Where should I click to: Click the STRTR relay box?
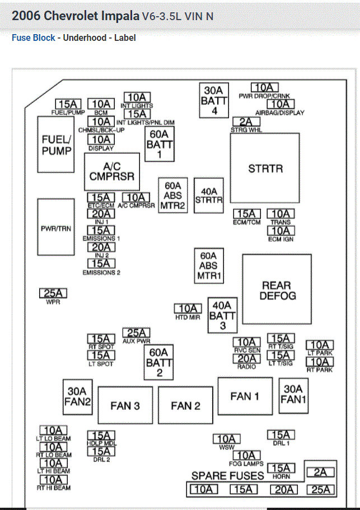265,168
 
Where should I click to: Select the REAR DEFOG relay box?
277,290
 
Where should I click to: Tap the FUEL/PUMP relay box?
56,144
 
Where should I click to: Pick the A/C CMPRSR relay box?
112,171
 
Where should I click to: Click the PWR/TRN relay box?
56,228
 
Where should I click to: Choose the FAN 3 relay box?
125,405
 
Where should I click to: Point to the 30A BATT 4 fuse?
214,100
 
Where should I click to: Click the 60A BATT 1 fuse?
160,144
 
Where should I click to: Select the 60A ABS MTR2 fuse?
173,196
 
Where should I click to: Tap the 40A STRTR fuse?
208,195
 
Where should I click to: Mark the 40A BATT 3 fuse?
222,315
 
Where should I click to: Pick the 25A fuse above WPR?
54,293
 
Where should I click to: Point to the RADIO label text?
246,367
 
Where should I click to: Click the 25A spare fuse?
320,490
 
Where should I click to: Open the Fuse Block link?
34,38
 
